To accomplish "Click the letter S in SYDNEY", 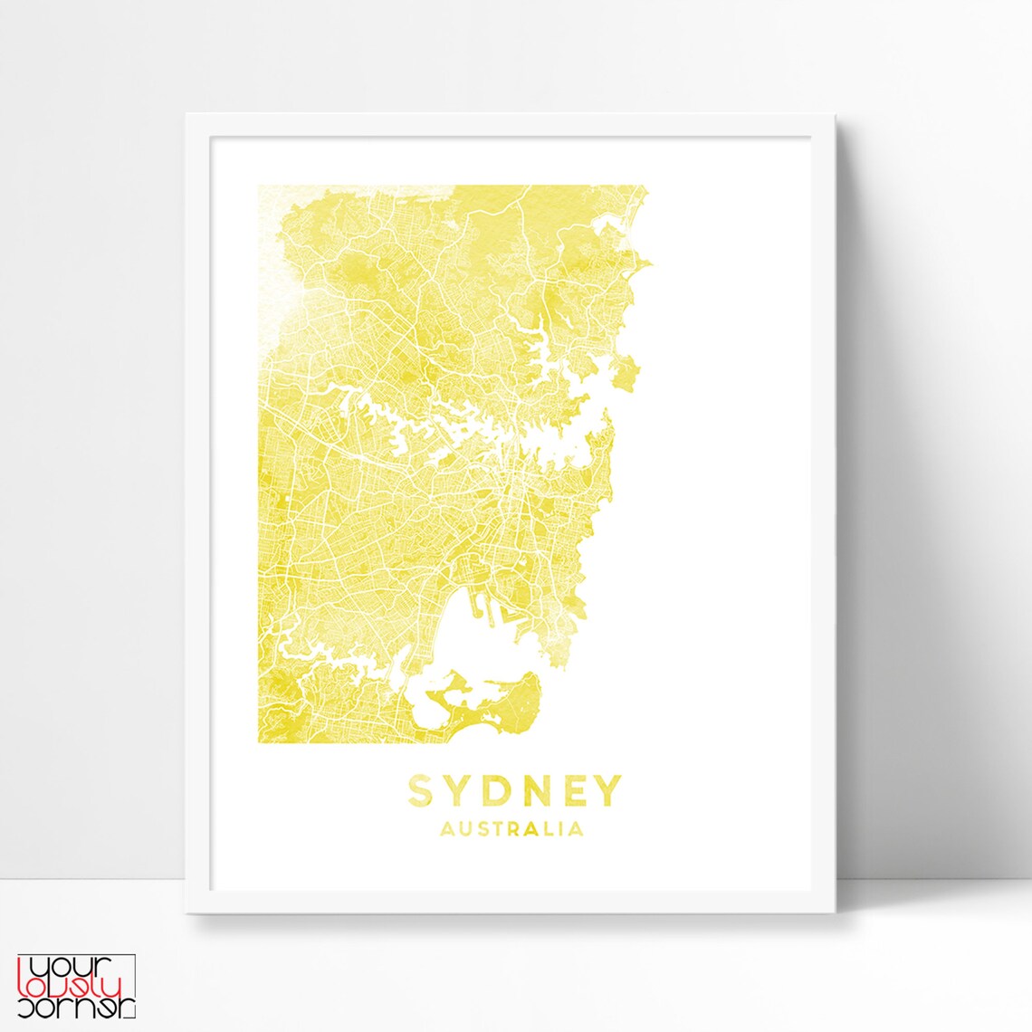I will [x=420, y=790].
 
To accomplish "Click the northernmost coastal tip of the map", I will [x=644, y=191].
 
